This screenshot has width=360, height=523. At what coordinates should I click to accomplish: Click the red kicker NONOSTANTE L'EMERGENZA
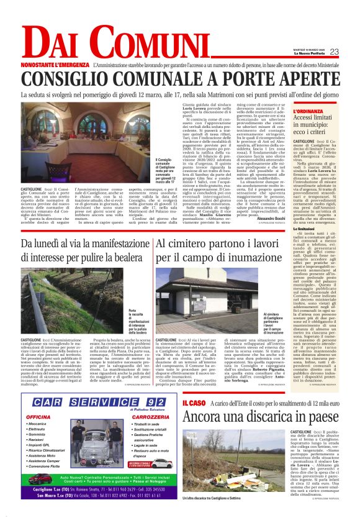(x=55, y=65)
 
